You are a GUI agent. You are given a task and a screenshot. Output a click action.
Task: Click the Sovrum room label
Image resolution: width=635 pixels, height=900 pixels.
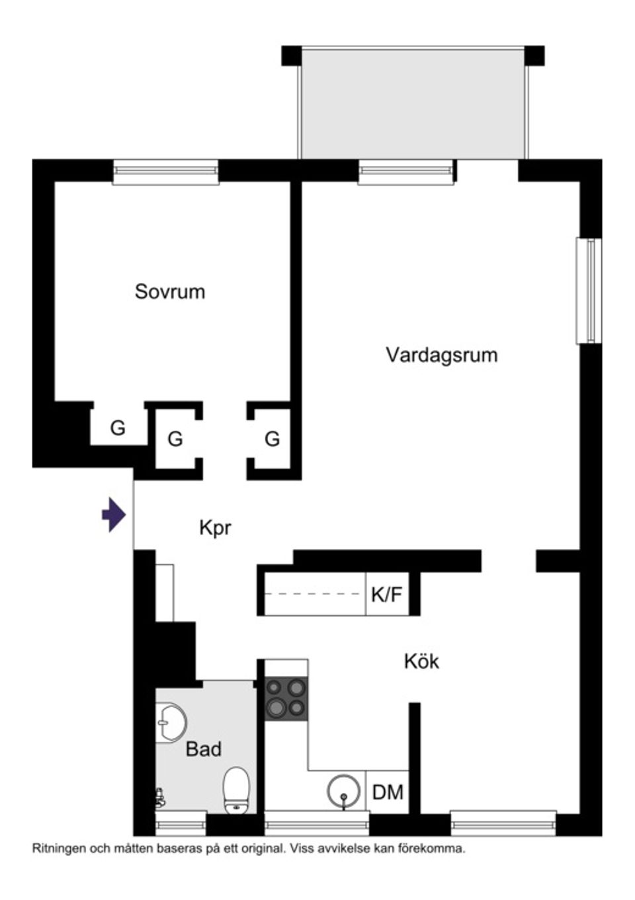tap(170, 291)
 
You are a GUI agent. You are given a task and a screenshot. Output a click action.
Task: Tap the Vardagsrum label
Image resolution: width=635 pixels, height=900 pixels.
tap(441, 355)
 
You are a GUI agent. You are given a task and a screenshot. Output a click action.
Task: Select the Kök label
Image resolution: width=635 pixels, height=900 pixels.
tap(421, 661)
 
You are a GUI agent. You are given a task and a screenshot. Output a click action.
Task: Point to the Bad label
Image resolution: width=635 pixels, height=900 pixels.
tap(204, 749)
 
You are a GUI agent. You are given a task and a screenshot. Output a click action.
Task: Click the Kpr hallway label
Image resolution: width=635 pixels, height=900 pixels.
tap(215, 528)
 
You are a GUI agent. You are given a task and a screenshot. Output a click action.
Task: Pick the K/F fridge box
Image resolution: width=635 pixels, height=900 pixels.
tap(387, 595)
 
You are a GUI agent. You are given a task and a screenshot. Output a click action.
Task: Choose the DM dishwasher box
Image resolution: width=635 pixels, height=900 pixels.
tap(388, 792)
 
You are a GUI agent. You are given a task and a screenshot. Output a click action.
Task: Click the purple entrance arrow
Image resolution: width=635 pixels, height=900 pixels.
tap(114, 515)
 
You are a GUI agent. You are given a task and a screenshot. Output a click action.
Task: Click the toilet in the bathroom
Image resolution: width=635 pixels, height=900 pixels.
tap(235, 788)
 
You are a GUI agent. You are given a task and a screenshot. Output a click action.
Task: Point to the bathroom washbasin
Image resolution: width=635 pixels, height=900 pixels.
tap(171, 721)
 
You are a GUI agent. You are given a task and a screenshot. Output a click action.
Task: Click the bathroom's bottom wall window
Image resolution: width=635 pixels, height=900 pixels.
tap(181, 824)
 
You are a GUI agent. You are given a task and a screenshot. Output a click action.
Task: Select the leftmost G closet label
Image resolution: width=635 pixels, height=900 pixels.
tap(118, 428)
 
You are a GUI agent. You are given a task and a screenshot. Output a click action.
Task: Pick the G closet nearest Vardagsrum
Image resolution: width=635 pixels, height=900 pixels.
tap(272, 438)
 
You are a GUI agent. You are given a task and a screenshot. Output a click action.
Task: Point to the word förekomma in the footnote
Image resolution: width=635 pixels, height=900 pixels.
tap(440, 848)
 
